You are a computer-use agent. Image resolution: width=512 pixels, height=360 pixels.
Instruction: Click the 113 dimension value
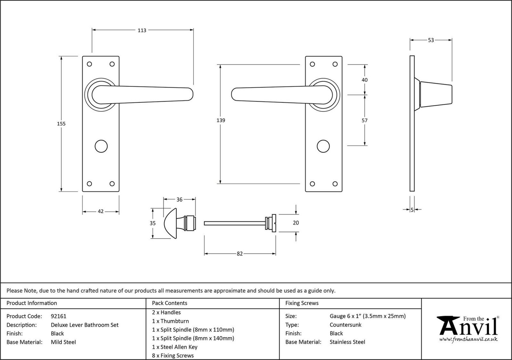142,30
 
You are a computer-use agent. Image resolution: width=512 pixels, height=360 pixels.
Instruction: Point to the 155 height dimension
61,124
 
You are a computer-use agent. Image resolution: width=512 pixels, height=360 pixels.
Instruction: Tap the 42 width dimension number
101,211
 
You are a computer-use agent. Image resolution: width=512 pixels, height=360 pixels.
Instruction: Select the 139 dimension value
221,120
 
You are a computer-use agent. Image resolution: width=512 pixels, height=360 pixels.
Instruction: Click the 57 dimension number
365,120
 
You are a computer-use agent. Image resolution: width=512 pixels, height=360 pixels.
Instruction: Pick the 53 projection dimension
431,40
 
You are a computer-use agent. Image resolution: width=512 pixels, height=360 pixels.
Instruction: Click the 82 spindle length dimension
240,254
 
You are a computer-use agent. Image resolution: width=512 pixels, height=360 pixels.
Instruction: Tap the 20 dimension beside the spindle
296,223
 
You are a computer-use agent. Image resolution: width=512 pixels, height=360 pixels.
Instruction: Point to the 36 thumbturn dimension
179,200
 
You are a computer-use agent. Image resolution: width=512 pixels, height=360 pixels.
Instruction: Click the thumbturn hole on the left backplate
101,146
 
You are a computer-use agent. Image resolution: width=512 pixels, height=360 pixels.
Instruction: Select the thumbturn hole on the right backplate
323,146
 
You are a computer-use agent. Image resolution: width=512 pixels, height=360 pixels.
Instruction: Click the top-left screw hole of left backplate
89,64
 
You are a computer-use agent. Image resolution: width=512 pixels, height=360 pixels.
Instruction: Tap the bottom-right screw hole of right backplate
335,184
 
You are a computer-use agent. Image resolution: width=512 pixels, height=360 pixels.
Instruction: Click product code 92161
59,316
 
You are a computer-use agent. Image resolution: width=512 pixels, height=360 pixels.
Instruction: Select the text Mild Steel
63,342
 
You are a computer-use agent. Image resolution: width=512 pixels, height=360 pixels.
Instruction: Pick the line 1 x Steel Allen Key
175,347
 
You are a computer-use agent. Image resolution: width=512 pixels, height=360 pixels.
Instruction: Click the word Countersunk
345,325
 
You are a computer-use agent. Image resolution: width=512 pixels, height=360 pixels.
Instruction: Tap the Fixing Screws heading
302,303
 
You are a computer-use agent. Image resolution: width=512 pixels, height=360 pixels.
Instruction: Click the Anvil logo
468,329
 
